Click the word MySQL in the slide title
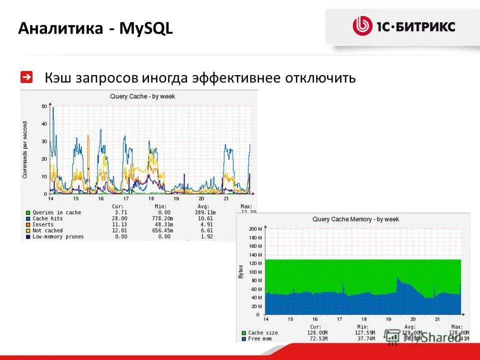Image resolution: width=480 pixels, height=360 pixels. point(146,28)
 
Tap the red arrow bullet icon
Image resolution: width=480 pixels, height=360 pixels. point(26,77)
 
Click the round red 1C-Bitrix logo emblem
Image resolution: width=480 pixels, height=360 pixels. point(362,26)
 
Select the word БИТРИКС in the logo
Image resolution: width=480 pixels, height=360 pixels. point(425,26)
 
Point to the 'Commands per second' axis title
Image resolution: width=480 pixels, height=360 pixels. point(25,150)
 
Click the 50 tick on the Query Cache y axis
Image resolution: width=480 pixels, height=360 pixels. point(44,106)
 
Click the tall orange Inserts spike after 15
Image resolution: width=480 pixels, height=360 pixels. point(88,150)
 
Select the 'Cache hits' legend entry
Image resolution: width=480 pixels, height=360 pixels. point(47,218)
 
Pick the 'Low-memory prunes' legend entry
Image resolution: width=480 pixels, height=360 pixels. point(58,236)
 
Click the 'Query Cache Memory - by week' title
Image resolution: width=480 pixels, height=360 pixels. point(355,219)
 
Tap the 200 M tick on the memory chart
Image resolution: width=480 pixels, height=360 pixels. point(255,228)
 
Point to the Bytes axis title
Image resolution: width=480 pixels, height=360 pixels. point(241,271)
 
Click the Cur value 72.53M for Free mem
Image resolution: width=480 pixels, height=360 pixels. point(317,338)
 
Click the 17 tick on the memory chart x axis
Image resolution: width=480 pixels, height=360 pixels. point(339,319)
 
